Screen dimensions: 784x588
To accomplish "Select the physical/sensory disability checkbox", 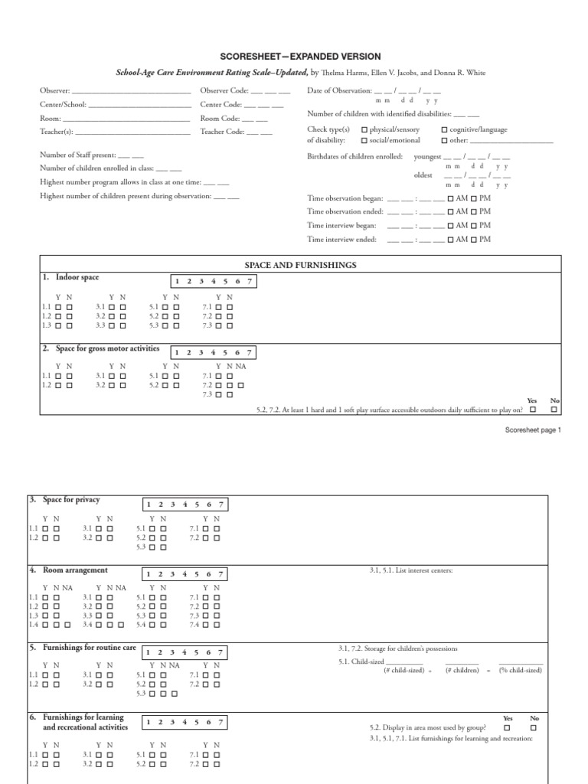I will [364, 130].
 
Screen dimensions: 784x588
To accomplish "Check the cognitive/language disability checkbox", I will [445, 130].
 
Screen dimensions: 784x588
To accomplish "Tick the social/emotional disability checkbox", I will [364, 141].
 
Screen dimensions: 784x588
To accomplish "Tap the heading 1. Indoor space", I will [72, 277].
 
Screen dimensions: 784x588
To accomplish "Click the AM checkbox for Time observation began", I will [452, 198].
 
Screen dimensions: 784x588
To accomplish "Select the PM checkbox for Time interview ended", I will [475, 240].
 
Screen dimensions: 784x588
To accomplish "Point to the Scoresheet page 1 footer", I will [533, 430].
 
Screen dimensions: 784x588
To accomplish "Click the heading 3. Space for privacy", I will [65, 500].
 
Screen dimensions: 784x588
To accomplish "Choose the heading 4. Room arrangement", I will [69, 570].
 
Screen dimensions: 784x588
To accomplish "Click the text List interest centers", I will [411, 570].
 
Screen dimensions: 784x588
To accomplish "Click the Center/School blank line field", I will [139, 105].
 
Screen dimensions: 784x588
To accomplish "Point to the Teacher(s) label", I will [57, 132].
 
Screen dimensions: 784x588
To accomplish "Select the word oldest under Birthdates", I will [423, 175].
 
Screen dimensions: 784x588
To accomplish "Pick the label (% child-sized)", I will [521, 670].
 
